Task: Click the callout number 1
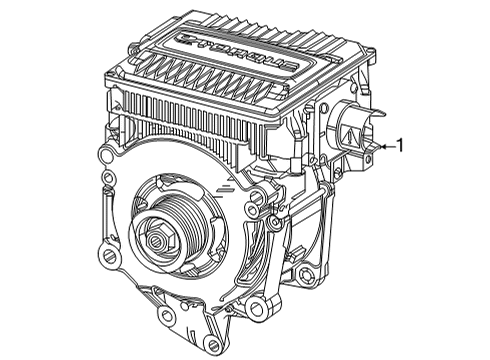tap(401, 146)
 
